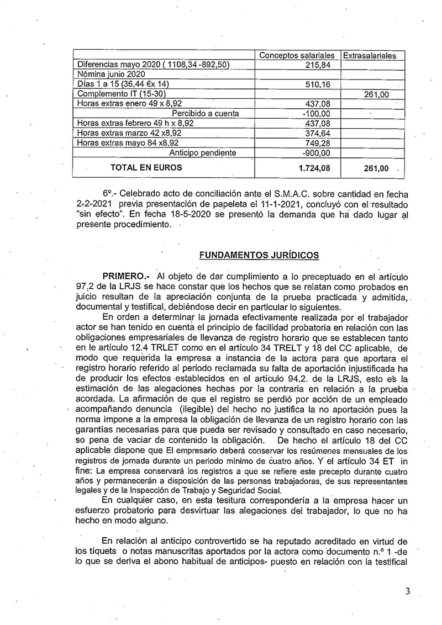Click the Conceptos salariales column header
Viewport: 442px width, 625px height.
(x=297, y=56)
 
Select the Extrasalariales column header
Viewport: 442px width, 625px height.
(x=370, y=56)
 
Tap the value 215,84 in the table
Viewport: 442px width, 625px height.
(x=317, y=65)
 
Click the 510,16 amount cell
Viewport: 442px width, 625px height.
(x=317, y=85)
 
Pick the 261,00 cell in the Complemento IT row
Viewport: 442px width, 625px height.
(x=377, y=95)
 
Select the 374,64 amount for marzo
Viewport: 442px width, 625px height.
(x=317, y=133)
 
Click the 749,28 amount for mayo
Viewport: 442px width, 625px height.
(x=317, y=143)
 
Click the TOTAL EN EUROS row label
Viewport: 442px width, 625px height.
(x=146, y=167)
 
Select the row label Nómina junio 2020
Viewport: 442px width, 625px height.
(x=110, y=75)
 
